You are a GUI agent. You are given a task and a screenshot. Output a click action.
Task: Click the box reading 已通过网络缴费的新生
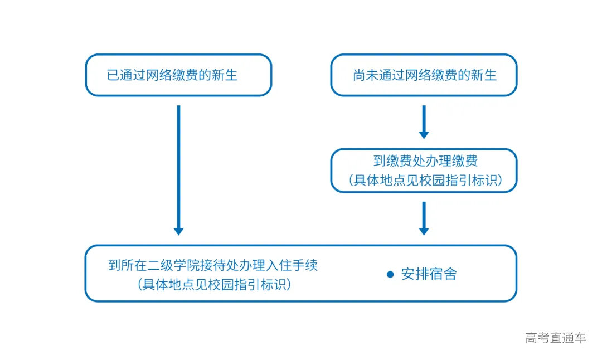(x=178, y=75)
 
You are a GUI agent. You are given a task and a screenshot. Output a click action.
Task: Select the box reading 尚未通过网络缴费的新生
(x=424, y=75)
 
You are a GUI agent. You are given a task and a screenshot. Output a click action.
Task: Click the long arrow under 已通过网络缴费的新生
(x=178, y=167)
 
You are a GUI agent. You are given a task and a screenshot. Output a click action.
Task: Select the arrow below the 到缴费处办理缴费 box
(x=424, y=218)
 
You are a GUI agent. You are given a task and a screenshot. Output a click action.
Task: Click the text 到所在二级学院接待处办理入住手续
(x=213, y=265)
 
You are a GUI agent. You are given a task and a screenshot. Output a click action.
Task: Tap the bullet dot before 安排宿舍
(x=391, y=275)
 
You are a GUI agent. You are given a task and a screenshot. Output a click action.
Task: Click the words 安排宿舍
(x=429, y=275)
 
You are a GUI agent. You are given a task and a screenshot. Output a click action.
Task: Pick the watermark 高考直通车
(x=556, y=338)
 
